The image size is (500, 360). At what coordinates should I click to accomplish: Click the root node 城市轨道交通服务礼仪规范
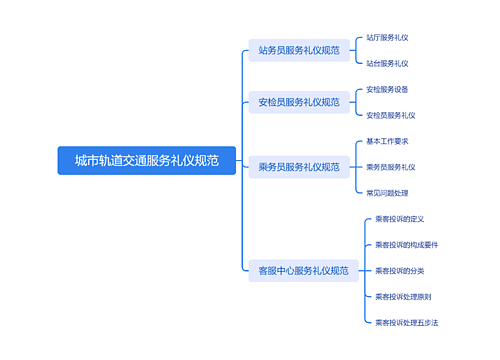[x=146, y=160]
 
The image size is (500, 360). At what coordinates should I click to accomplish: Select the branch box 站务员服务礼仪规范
[x=298, y=50]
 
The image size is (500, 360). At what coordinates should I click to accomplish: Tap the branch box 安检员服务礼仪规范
[x=298, y=102]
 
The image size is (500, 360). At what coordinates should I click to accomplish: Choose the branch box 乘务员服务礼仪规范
[x=298, y=167]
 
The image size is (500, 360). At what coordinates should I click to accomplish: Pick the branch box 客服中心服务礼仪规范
[x=303, y=270]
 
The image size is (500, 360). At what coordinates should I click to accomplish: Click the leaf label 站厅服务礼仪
[x=387, y=37]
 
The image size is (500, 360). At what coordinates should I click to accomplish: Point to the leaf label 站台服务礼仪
[x=387, y=63]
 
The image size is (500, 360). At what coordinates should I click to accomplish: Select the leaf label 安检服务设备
[x=387, y=89]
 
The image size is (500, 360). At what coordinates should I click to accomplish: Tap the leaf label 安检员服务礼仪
[x=390, y=115]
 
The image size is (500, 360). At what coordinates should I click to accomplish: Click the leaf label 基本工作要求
[x=387, y=141]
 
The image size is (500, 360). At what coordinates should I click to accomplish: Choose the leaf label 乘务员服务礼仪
[x=390, y=167]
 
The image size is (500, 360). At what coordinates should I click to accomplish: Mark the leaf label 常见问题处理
[x=387, y=193]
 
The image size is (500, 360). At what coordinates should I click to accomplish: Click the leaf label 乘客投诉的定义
[x=400, y=219]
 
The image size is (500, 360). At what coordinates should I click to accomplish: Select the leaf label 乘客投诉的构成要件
[x=406, y=245]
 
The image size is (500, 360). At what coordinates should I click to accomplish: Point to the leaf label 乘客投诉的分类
[x=400, y=271]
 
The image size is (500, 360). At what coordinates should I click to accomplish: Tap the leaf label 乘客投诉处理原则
[x=403, y=297]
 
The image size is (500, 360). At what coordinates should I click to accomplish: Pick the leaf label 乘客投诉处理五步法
[x=406, y=323]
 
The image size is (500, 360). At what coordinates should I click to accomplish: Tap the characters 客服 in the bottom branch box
[x=267, y=270]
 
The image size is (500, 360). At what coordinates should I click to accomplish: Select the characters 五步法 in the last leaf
[x=427, y=323]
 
